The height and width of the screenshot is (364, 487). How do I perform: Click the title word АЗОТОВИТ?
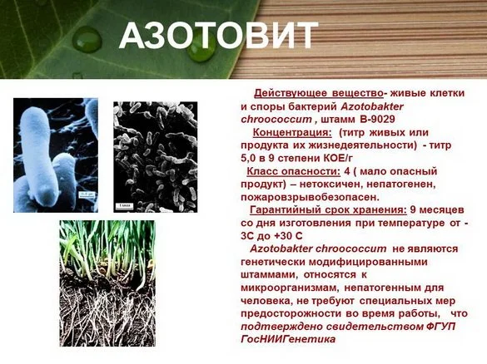point(218,36)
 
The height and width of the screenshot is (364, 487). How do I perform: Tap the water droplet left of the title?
point(87,39)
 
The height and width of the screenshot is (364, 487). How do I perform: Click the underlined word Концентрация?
point(292,132)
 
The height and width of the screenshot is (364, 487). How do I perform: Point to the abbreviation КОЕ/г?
point(338,158)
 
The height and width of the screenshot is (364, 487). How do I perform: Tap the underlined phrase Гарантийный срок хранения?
point(328,210)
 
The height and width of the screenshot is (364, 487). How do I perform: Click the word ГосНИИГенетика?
point(288,339)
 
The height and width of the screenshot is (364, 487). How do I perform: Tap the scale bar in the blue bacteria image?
point(87,194)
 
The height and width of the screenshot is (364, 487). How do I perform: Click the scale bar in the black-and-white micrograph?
point(125,205)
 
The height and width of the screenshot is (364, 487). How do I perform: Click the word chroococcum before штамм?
point(276,120)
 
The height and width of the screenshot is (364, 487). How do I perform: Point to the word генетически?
point(273,262)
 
